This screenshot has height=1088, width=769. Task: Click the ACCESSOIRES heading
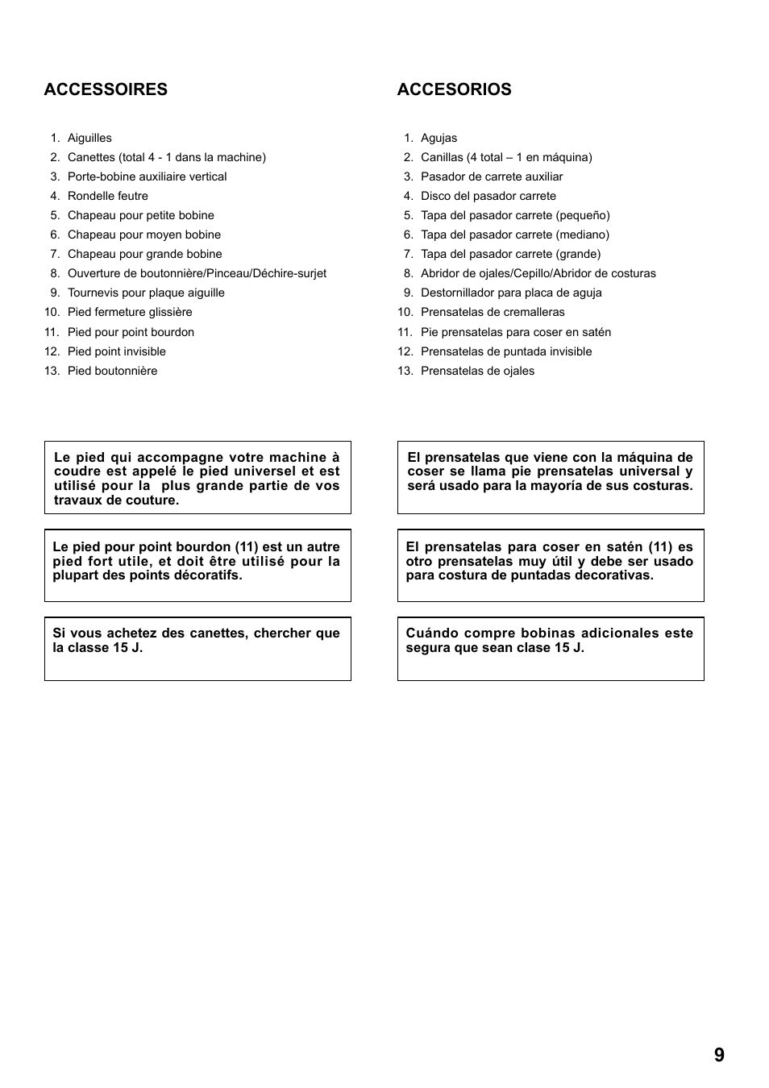[106, 89]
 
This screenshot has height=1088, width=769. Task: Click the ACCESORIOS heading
[454, 89]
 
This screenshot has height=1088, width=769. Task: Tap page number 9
[719, 1055]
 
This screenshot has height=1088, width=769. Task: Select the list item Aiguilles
[89, 138]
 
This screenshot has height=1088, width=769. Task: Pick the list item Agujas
[439, 138]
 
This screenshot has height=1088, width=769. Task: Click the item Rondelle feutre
[108, 196]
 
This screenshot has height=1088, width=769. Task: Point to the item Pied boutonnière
[113, 371]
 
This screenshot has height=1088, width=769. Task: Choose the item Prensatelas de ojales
[477, 371]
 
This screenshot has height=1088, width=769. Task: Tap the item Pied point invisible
[117, 351]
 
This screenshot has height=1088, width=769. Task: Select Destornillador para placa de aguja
[511, 293]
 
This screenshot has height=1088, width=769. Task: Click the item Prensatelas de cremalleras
[493, 312]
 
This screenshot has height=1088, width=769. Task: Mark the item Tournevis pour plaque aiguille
[146, 293]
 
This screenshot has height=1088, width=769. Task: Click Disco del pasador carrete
[488, 196]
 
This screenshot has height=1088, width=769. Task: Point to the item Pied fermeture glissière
[130, 312]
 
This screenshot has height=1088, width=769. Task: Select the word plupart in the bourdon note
[76, 575]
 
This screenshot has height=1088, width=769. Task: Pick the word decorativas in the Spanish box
[612, 575]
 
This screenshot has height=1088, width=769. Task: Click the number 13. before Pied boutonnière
[52, 371]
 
